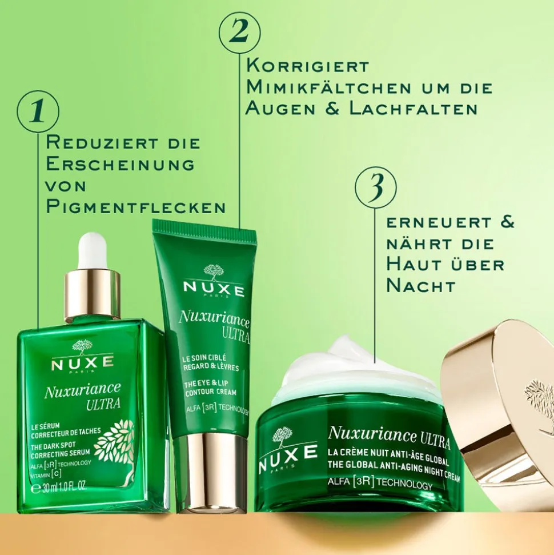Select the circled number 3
click(375, 186)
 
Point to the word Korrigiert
click(308, 66)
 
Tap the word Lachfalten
click(414, 109)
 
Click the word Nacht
click(421, 286)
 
